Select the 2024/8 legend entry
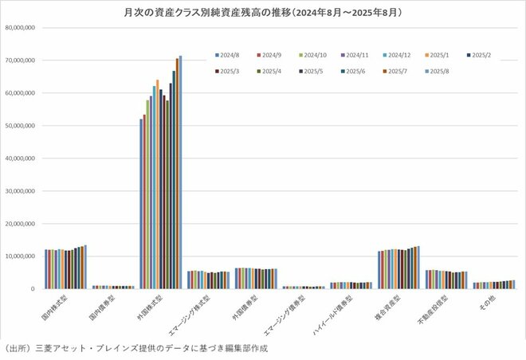point(228,55)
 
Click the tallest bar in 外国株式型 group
point(180,171)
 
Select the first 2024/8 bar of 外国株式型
point(141,203)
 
